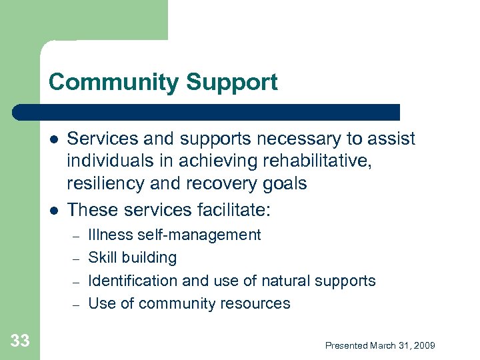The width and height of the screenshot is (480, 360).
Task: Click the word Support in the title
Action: (232, 82)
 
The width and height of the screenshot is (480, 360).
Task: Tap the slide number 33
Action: (20, 341)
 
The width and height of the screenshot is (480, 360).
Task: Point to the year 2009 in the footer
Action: (424, 345)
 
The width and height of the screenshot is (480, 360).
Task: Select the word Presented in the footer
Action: (347, 345)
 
